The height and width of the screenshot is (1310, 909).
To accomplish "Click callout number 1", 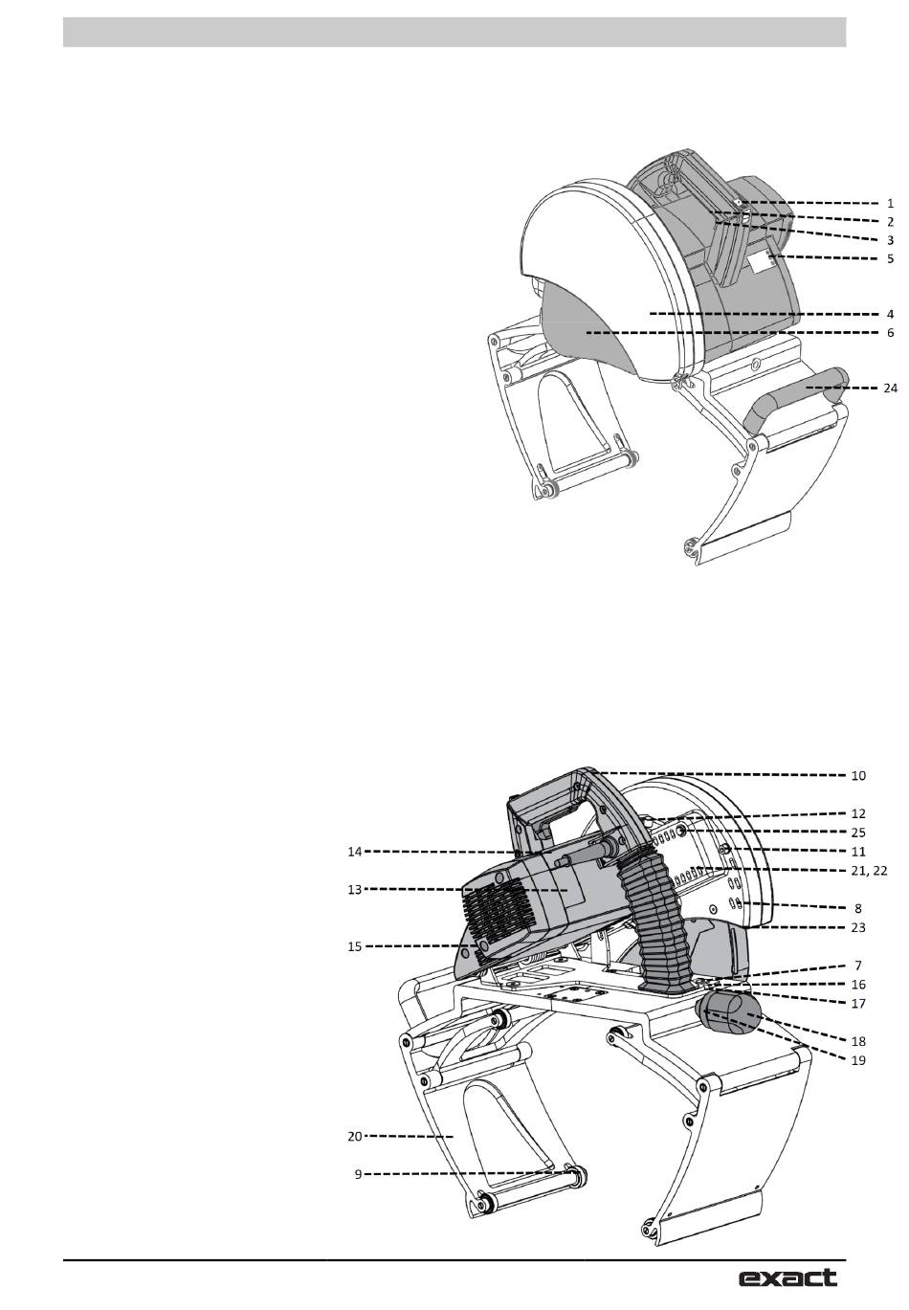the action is (890, 204).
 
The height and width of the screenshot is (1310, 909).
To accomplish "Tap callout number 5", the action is (890, 258).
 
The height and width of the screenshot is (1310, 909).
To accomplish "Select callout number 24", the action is (890, 388).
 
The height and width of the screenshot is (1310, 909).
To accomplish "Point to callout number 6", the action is (890, 333).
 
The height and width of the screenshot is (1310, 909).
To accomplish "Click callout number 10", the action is (857, 775).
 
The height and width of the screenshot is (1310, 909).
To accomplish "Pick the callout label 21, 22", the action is (868, 870).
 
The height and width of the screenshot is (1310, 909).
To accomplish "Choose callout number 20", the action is (355, 1136).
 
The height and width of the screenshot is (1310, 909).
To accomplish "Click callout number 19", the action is (857, 1060).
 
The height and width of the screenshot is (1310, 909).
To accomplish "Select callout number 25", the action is (857, 833).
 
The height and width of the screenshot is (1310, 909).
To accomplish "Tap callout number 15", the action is (355, 946).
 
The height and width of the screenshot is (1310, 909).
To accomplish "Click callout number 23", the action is (857, 927).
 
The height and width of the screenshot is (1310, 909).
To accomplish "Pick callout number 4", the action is (890, 314).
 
